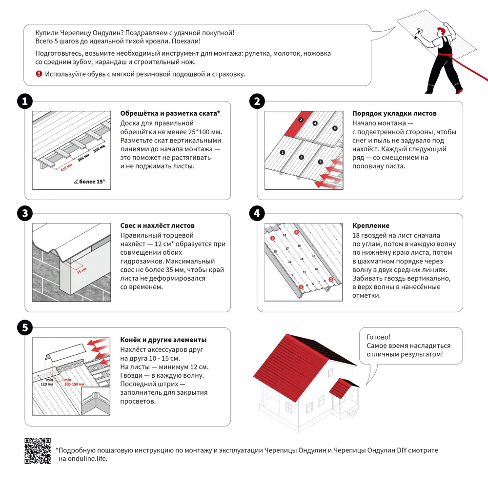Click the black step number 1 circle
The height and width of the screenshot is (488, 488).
tap(25, 102)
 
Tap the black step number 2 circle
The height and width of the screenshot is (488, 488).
tap(257, 102)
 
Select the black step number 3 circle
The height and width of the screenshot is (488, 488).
tap(25, 214)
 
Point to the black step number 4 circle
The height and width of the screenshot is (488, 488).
tap(257, 214)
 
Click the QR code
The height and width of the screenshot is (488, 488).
tap(38, 451)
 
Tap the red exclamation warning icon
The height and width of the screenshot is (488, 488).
tap(39, 74)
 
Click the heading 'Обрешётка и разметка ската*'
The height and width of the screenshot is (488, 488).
tap(170, 113)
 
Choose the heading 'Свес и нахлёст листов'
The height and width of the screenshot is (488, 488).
tap(157, 225)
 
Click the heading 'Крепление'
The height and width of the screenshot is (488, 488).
tap(370, 225)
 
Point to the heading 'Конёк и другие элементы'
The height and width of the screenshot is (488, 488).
tap(163, 340)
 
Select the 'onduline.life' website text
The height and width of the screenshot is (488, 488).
tap(82, 459)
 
